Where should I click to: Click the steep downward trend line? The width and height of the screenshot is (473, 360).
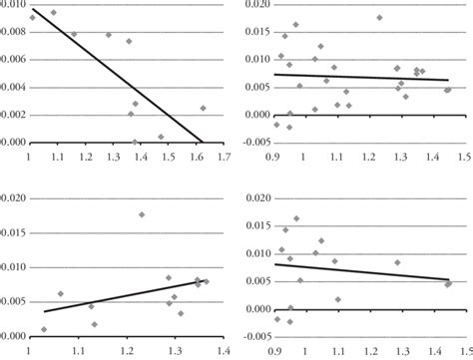tap(120, 75)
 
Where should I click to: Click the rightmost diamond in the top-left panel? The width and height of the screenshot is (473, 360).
tap(203, 108)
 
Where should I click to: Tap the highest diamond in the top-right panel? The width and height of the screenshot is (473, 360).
tap(379, 17)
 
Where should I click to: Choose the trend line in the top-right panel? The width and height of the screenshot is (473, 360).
tap(359, 77)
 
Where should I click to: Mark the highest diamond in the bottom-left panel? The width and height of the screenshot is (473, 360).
tap(142, 214)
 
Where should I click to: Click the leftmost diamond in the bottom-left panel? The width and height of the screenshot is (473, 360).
tap(44, 329)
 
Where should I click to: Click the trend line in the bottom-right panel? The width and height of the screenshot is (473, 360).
tap(359, 272)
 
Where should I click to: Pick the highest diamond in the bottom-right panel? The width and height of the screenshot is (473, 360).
tap(295, 218)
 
